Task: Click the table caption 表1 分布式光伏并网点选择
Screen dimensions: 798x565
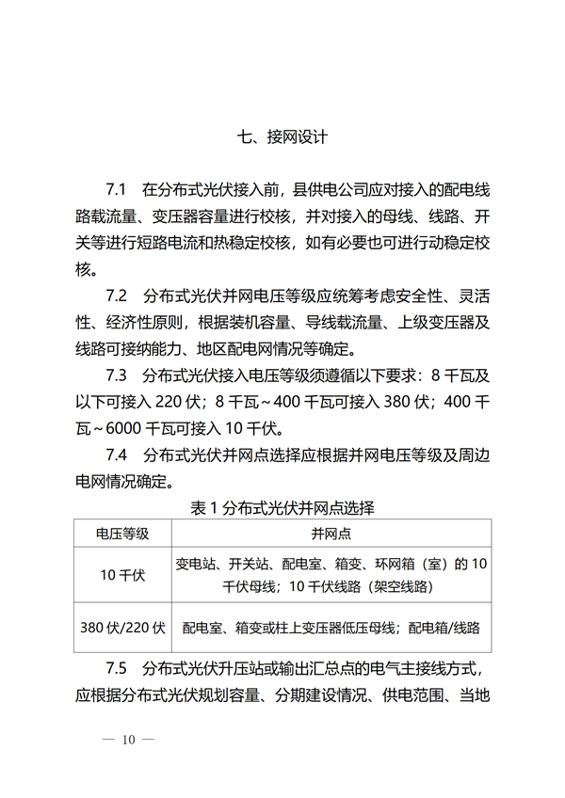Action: point(282,509)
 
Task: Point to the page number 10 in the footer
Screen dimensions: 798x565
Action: point(129,740)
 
